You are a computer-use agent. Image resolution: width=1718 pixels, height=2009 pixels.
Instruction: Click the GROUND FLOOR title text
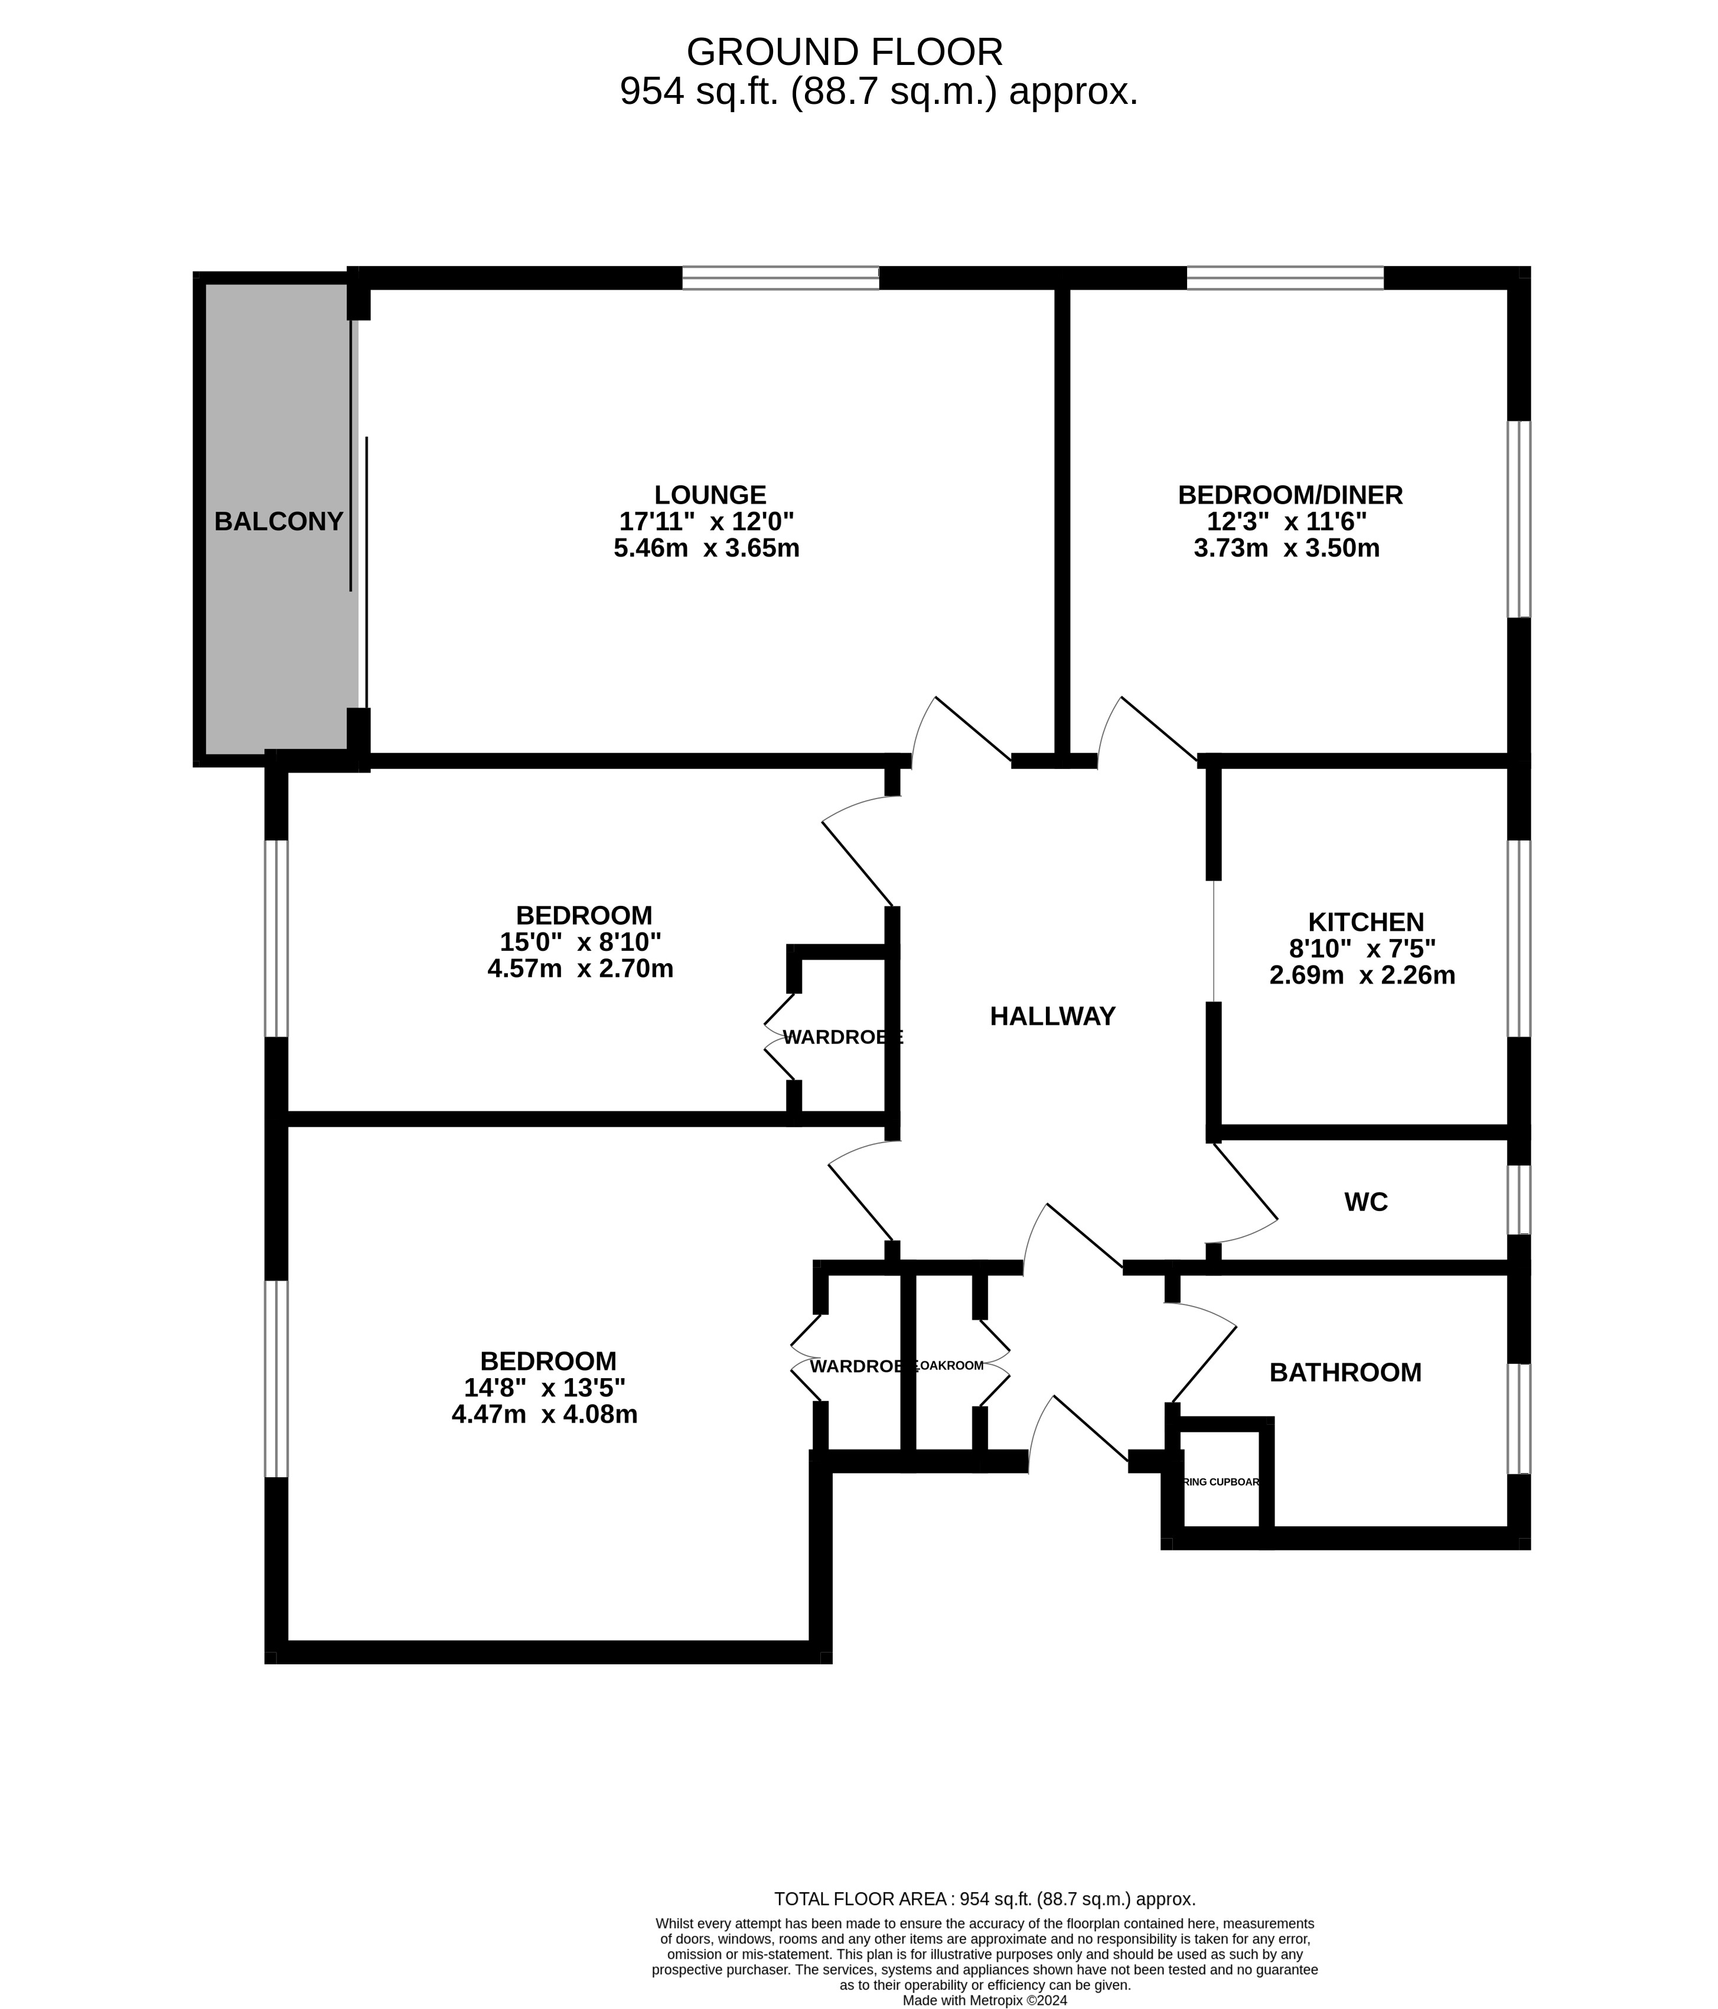[x=844, y=51]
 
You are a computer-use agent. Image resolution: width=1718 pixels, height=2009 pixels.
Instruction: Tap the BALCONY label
[x=278, y=522]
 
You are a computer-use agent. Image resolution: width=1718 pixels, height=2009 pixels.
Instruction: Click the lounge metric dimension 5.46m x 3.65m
[x=706, y=549]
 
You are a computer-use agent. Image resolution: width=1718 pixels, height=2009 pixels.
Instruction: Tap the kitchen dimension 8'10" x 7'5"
[x=1362, y=948]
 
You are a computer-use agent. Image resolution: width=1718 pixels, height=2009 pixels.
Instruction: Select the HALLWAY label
[x=1052, y=1016]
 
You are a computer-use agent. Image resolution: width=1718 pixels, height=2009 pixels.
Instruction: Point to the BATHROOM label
[x=1345, y=1373]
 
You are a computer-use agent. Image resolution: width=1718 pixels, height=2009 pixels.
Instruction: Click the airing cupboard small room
[x=1220, y=1481]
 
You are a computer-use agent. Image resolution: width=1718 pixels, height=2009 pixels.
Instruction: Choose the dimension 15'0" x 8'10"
[x=580, y=941]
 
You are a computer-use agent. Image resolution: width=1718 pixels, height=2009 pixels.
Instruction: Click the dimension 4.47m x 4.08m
[x=544, y=1415]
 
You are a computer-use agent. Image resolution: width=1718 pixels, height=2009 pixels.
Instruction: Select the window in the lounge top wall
[x=780, y=279]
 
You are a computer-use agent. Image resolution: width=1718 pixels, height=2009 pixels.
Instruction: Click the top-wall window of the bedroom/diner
[x=1285, y=279]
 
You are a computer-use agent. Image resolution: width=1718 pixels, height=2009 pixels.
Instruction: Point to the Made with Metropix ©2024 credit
[x=984, y=2000]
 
